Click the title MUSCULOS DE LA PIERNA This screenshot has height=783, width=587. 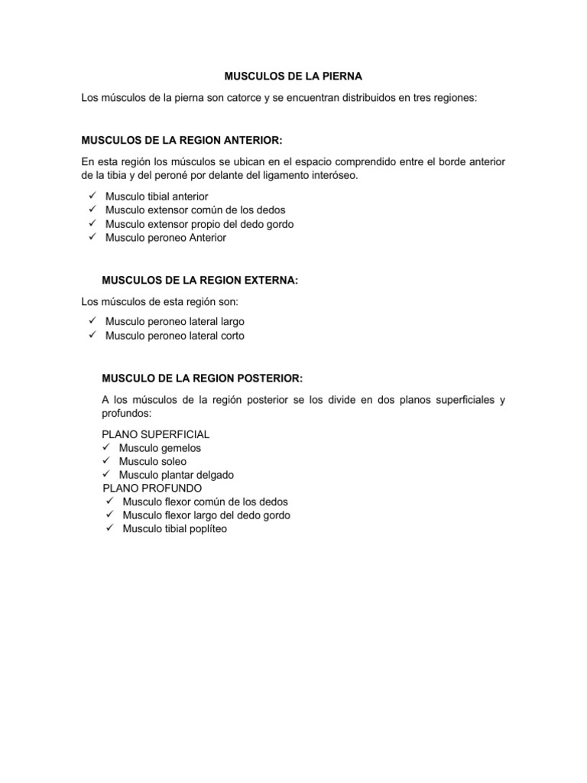tap(293, 77)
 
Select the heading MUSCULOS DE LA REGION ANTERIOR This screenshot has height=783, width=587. tap(181, 141)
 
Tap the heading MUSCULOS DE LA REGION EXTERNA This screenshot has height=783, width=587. tap(199, 281)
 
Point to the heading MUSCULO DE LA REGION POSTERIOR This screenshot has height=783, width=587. tap(202, 379)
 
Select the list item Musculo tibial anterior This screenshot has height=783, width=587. tap(157, 197)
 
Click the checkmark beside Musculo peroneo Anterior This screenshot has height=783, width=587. tap(91, 237)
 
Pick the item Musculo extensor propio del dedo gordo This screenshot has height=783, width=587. tap(199, 224)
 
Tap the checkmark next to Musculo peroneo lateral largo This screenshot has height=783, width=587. tap(91, 321)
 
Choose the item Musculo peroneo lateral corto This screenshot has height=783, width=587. tap(175, 336)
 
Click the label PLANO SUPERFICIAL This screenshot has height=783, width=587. tap(150, 434)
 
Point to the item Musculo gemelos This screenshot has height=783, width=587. tap(160, 448)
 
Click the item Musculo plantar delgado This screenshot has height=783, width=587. tap(176, 475)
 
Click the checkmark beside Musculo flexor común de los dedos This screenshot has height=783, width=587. tap(109, 502)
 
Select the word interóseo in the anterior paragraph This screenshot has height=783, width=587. tap(334, 176)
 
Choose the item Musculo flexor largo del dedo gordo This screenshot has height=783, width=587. tap(206, 515)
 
